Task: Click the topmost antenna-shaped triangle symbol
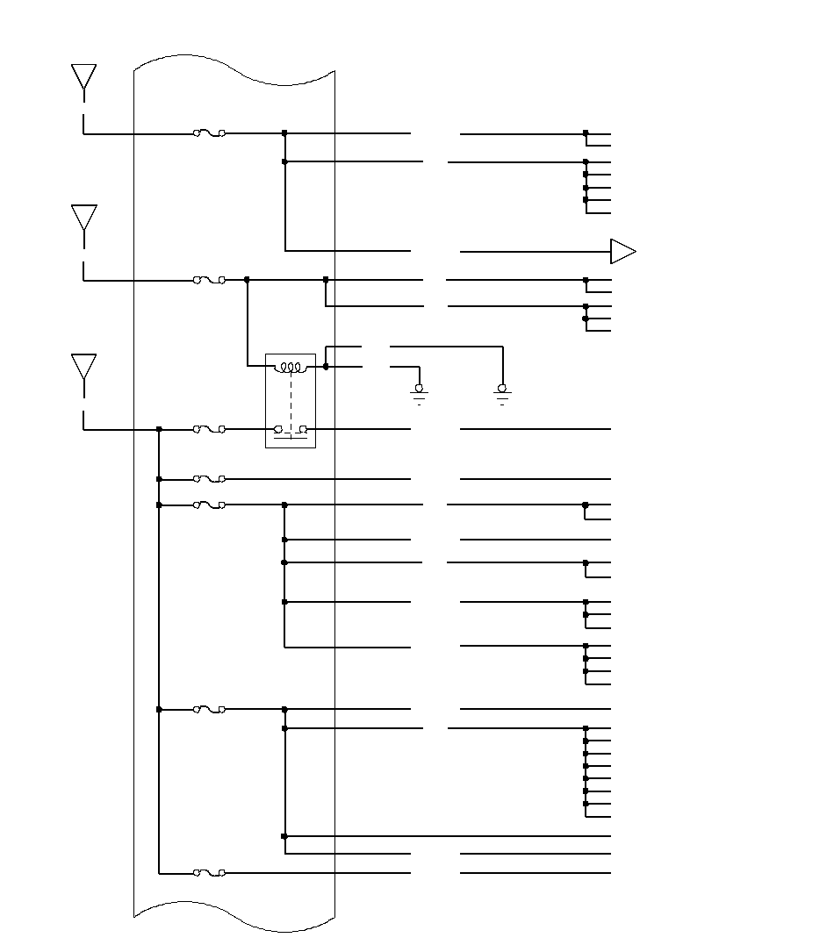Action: click(x=83, y=76)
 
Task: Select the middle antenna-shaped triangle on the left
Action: click(x=83, y=217)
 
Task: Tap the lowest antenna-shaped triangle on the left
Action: click(x=83, y=366)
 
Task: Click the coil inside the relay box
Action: click(x=290, y=368)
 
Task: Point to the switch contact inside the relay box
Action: click(x=290, y=429)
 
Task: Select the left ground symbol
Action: click(x=420, y=391)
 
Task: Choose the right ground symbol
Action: click(x=503, y=391)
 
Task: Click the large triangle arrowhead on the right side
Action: click(x=622, y=252)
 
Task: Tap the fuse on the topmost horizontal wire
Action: click(x=209, y=133)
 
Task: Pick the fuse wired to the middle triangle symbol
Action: click(x=209, y=280)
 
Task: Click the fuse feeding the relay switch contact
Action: click(x=209, y=429)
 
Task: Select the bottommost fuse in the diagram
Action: click(x=209, y=873)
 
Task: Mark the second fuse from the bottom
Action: click(x=209, y=709)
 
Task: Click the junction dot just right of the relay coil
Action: click(x=326, y=367)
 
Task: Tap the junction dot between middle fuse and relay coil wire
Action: click(x=247, y=280)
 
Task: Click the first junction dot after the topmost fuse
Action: click(x=284, y=133)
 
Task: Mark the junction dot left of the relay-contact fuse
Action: click(x=159, y=429)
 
